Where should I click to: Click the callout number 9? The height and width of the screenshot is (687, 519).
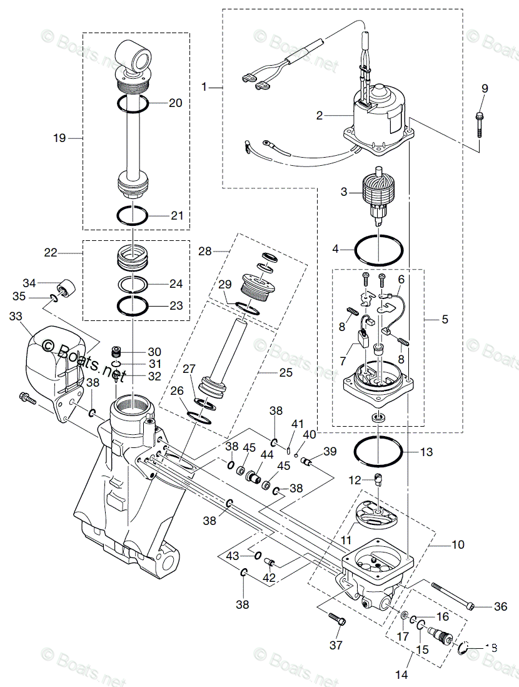484,88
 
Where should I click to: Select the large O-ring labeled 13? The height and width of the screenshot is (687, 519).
378,450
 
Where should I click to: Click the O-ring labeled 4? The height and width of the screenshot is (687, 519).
378,250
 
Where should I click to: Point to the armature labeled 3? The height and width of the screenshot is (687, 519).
379,194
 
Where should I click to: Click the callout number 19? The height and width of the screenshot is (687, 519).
59,138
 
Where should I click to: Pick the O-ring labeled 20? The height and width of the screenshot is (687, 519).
133,104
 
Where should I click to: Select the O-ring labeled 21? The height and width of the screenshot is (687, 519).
133,215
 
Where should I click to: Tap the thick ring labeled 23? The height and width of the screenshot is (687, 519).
133,306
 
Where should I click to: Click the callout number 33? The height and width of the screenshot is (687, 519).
16,317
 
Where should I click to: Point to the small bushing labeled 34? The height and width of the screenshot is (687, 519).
64,288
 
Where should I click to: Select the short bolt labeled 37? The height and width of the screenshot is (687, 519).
336,620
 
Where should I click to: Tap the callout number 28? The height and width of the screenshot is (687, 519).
206,251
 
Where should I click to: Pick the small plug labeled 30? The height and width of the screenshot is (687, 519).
115,351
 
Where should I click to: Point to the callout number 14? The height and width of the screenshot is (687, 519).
402,674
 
